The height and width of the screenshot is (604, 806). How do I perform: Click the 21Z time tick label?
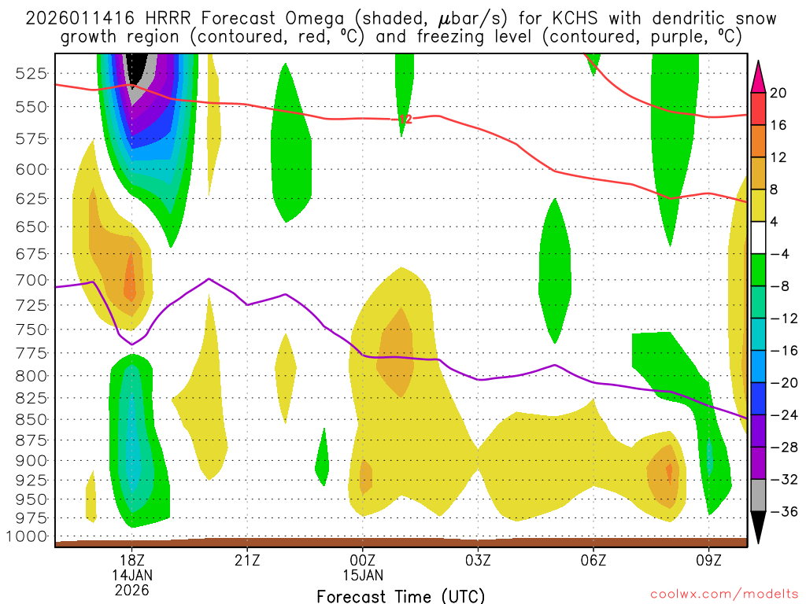(x=247, y=562)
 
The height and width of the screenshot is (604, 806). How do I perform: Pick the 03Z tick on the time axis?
(x=478, y=562)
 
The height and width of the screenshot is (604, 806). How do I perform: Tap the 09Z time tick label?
(x=708, y=562)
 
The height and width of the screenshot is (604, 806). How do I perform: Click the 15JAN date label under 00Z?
(x=362, y=576)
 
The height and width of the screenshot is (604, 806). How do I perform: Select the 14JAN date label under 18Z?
(x=131, y=576)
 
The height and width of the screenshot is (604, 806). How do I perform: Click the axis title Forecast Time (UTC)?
(x=401, y=595)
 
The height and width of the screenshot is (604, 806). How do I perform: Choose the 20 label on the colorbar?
(x=778, y=93)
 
